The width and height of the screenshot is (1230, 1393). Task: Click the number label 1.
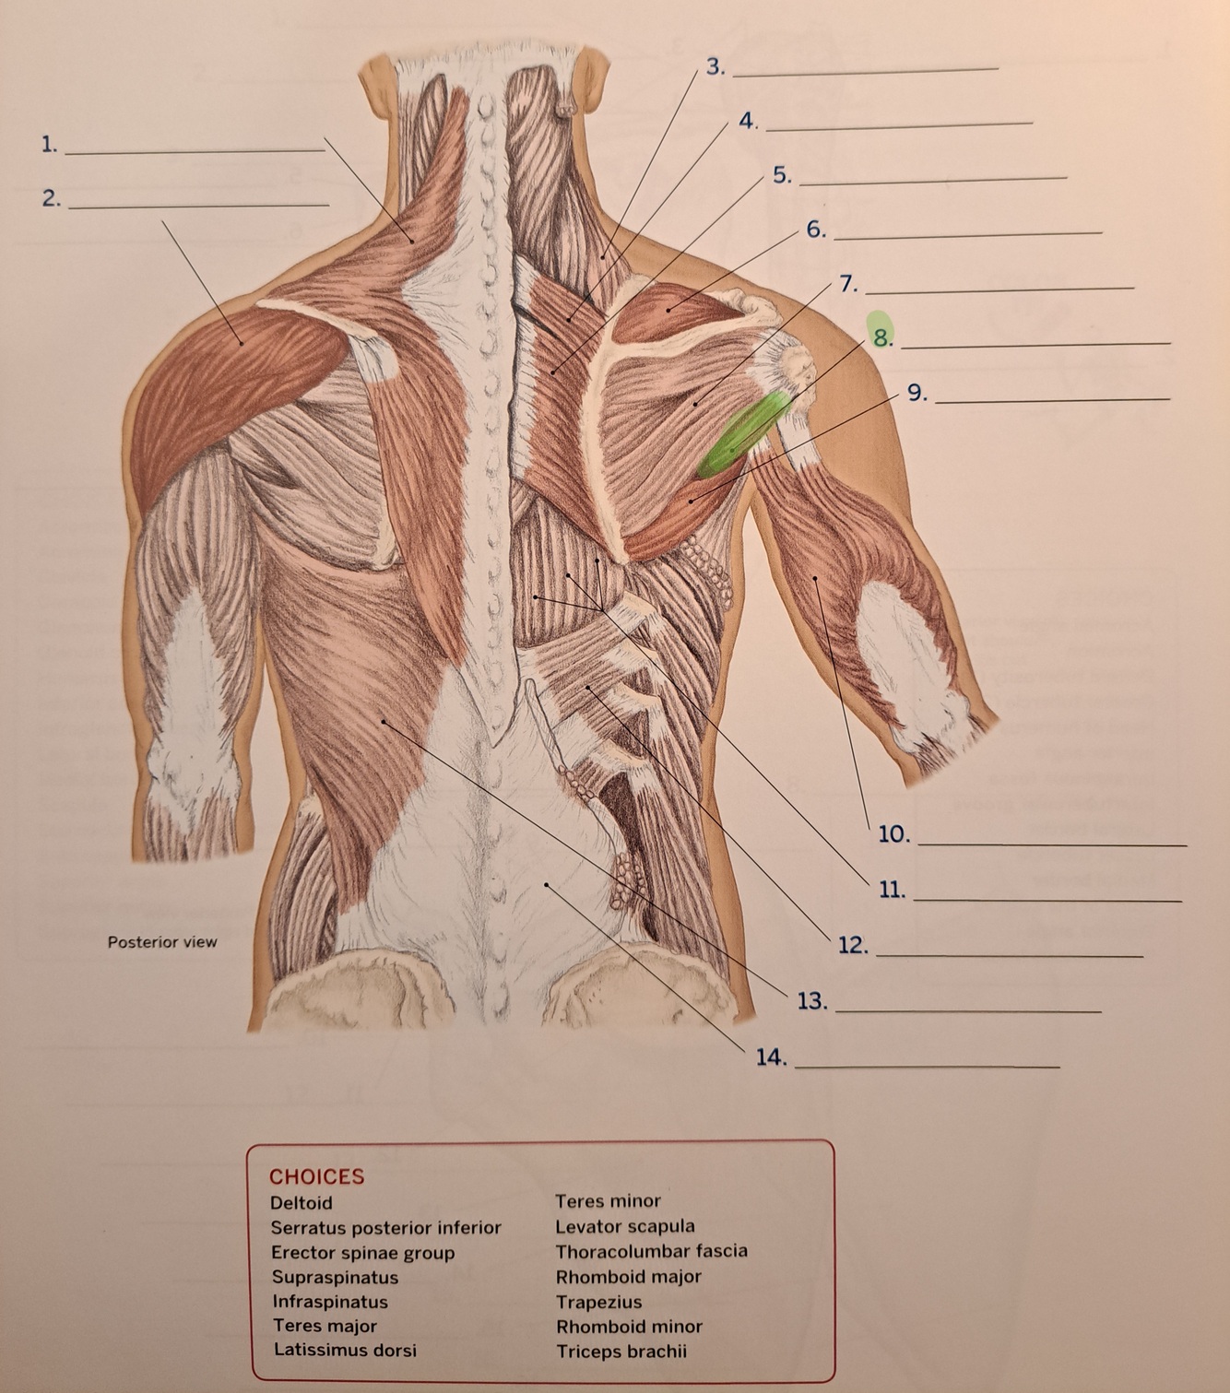coord(50,145)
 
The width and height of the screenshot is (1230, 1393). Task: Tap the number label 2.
coord(51,198)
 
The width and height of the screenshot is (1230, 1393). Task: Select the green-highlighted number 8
coord(882,337)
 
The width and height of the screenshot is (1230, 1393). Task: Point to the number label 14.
coord(771,1057)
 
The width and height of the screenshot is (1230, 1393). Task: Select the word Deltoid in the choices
coord(302,1203)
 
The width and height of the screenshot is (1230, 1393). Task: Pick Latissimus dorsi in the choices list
coord(345,1350)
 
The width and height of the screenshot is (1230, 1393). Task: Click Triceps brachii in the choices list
coord(621,1352)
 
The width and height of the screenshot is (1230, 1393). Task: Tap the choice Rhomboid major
coord(628,1277)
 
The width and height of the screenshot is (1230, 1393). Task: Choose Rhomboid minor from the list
coord(629,1327)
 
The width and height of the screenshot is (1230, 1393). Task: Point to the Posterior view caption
coord(162,942)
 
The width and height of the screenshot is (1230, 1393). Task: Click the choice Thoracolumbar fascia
coord(651,1251)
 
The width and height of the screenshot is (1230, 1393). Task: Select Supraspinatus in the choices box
coord(335,1277)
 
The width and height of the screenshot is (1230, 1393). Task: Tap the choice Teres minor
coord(608,1201)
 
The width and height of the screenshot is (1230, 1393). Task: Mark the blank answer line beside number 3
coord(865,70)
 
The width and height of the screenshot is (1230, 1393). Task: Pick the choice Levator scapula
coord(625,1226)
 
